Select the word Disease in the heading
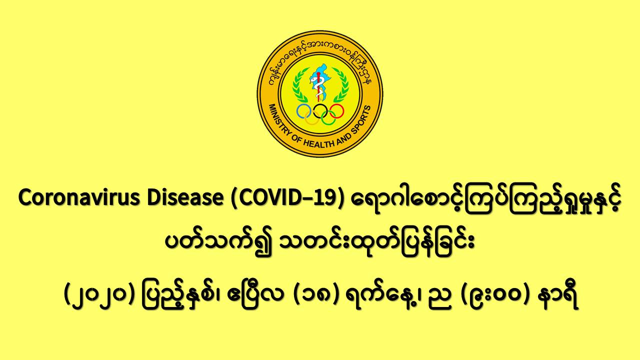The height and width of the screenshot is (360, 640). pos(185,197)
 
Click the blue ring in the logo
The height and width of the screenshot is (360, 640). pos(303,111)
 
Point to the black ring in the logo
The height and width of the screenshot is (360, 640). pos(320,111)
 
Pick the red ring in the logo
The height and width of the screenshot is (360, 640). pos(336,111)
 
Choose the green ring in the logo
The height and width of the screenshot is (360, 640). pos(328,117)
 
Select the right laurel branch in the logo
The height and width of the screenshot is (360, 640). pos(341,85)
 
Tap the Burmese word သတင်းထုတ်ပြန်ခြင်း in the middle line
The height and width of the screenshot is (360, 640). pos(376,243)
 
